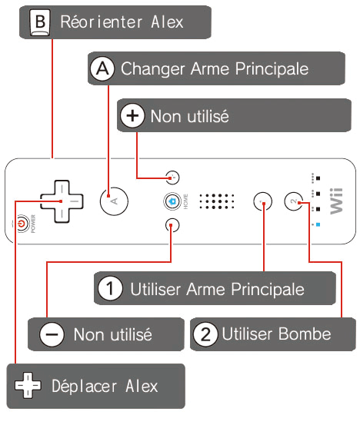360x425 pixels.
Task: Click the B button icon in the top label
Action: tap(40, 22)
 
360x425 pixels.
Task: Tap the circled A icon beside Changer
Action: tap(102, 68)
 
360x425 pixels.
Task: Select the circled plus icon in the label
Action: tap(132, 116)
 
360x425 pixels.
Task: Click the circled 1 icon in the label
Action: tap(110, 288)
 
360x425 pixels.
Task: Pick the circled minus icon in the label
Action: tap(52, 334)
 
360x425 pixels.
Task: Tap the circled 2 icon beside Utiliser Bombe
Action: tap(205, 334)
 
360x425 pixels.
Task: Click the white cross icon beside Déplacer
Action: tap(28, 386)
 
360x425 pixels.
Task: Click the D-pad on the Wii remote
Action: tap(62, 201)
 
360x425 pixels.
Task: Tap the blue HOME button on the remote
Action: tap(172, 201)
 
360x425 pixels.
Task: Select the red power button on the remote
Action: tap(22, 224)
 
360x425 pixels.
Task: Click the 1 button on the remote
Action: tap(262, 201)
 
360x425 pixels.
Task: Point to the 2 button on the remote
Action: tap(294, 201)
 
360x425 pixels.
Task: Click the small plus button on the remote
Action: tap(172, 178)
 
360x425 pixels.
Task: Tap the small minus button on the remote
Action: tap(172, 225)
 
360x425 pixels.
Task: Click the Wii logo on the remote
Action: tap(336, 201)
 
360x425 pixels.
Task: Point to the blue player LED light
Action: tap(318, 224)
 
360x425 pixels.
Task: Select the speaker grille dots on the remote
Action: tap(217, 201)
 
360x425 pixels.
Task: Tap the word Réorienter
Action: tap(102, 22)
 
